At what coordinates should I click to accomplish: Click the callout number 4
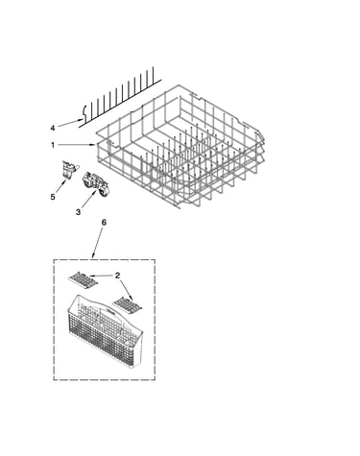click(x=53, y=129)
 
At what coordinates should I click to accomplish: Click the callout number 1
click(x=53, y=145)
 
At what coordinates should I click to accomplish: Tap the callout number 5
click(x=53, y=197)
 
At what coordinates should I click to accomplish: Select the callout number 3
click(x=78, y=212)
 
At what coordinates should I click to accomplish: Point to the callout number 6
click(x=104, y=223)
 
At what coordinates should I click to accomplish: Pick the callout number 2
click(x=117, y=276)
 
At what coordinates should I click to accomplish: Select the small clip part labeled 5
click(x=70, y=169)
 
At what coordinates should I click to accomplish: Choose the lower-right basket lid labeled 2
click(x=128, y=304)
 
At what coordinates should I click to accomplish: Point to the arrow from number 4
click(x=70, y=123)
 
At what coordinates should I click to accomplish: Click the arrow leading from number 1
click(x=77, y=145)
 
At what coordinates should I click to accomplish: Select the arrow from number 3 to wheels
click(x=89, y=199)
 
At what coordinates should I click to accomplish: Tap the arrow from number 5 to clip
click(x=60, y=186)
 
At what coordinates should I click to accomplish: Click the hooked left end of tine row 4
click(x=84, y=112)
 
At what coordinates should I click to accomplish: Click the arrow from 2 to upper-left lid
click(x=101, y=276)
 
